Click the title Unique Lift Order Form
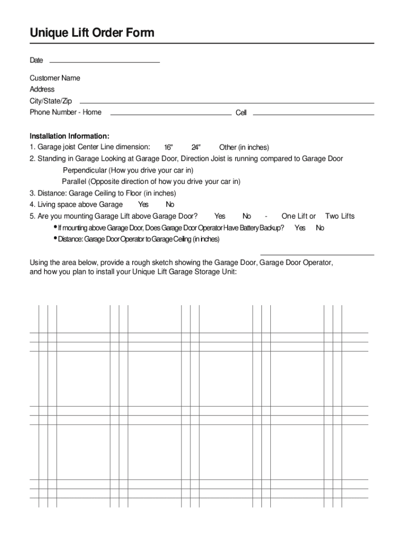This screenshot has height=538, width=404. pos(92,33)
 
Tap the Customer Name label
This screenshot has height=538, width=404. pos(55,78)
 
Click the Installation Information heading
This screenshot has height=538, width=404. pos(69,136)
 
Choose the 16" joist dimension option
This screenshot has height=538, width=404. pos(168,147)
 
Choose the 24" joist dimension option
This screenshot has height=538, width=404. pos(196,147)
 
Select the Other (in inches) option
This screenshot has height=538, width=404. pos(244,147)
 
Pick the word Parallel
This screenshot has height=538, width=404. pos(74,182)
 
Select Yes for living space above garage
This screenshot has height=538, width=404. pos(143,204)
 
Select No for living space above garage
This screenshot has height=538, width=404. pos(170,204)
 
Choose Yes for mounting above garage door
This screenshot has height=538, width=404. pos(220,216)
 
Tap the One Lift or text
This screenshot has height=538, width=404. pos(299,216)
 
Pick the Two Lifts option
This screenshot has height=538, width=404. pos(340,216)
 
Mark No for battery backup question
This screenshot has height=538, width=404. pos(320,227)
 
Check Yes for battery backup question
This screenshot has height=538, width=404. pos(300,227)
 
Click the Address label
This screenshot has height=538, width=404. pos(42,89)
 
